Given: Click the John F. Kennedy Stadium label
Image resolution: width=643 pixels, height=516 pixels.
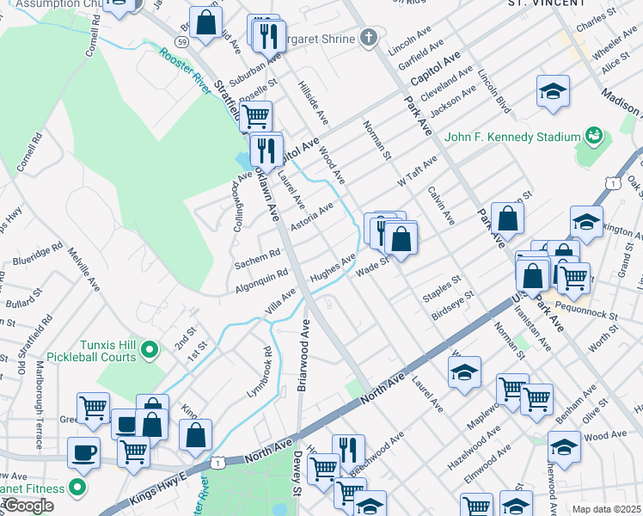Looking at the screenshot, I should pyautogui.click(x=513, y=137).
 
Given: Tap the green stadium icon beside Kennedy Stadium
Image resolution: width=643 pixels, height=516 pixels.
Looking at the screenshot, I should pyautogui.click(x=593, y=136).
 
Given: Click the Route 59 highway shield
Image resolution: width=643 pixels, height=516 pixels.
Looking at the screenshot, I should pyautogui.click(x=181, y=41).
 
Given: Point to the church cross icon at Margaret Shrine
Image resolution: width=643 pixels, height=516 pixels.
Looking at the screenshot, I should pyautogui.click(x=368, y=38).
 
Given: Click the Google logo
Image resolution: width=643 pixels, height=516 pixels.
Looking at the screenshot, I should pyautogui.click(x=28, y=506).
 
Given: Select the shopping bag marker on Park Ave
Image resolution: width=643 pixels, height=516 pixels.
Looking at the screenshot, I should pyautogui.click(x=507, y=218).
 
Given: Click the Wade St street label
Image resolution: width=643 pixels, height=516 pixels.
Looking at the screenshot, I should pyautogui.click(x=373, y=269).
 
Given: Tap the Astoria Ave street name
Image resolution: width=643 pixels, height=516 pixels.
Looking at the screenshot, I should pyautogui.click(x=311, y=218).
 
